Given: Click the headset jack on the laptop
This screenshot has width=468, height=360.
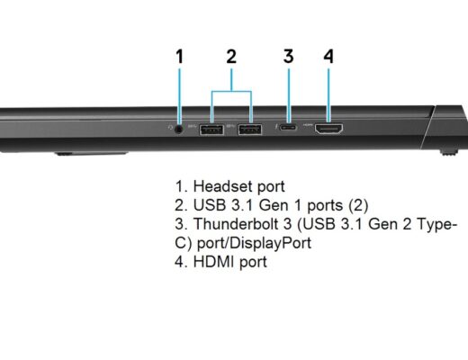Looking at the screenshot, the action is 179,130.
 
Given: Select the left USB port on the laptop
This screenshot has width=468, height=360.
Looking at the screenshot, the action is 211,130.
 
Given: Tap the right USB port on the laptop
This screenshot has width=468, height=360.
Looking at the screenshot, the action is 250,130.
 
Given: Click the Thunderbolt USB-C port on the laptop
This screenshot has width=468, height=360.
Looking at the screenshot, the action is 288,128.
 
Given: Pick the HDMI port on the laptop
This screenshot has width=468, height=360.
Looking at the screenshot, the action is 328,129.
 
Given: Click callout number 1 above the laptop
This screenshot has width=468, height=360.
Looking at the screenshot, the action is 179,57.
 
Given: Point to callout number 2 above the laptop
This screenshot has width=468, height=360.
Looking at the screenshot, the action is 231,57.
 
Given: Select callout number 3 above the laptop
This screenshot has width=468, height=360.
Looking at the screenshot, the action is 288,57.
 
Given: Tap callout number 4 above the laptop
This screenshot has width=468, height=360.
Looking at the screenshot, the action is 328,57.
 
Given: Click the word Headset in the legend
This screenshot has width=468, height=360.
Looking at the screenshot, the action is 223,186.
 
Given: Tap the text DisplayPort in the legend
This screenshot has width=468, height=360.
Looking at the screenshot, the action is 271,243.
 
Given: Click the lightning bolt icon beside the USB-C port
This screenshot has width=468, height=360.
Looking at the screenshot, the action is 275,128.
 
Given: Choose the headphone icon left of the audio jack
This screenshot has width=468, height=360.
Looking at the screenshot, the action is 170,128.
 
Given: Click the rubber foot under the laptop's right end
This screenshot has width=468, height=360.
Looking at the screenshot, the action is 449,152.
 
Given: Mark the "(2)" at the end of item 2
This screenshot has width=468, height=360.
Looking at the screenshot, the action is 358,205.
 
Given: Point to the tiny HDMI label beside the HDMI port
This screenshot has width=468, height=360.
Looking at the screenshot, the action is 308,124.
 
